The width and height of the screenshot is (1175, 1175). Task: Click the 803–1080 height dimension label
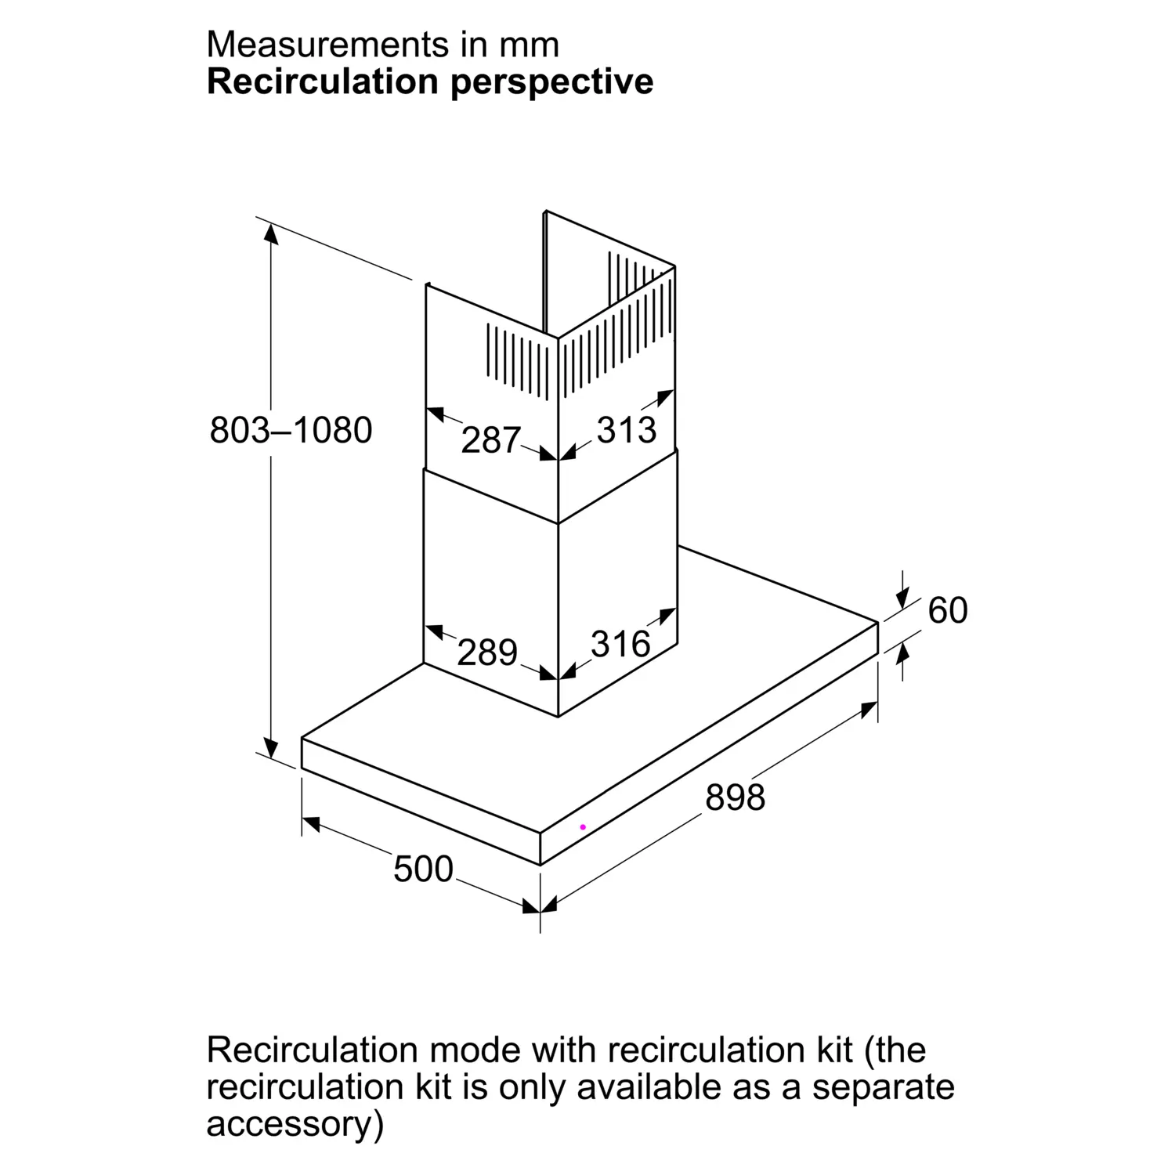point(291,430)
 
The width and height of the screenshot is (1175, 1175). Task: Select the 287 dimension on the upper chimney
point(490,440)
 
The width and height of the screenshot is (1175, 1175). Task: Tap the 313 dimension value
point(627,430)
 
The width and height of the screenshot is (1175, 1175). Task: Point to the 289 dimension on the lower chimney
point(487,653)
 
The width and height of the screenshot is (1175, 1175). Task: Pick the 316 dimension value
point(620,644)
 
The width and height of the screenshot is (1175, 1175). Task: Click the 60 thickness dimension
point(948,610)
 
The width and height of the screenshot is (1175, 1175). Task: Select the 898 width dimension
point(735,797)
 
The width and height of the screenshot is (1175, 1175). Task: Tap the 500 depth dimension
point(423,869)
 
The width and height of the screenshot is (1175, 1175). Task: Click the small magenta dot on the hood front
point(583,827)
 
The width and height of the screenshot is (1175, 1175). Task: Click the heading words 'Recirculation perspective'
point(430,81)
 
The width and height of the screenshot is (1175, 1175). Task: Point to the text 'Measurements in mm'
point(383,45)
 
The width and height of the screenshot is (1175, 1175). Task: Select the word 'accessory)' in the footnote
point(295,1125)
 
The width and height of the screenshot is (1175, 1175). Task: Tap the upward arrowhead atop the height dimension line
point(271,233)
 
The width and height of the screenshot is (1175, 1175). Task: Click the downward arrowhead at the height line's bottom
point(271,747)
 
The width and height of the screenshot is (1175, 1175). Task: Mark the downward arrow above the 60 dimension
point(902,598)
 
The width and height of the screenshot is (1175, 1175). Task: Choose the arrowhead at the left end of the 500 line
point(311,823)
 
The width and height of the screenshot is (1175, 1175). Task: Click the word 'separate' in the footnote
point(884,1088)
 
